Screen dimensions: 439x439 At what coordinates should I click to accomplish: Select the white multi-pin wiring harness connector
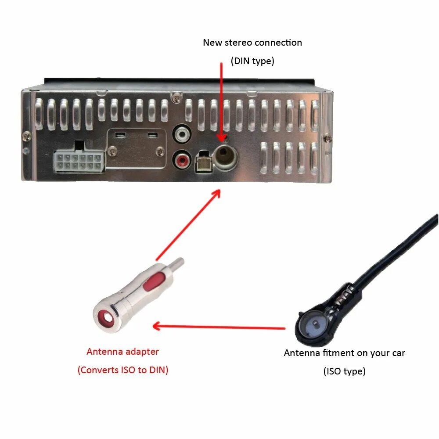[x=79, y=162]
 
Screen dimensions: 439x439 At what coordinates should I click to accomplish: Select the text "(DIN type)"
[x=252, y=61]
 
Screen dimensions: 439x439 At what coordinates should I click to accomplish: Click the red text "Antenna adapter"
[x=122, y=351]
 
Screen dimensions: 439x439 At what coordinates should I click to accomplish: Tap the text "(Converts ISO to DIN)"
[x=123, y=370]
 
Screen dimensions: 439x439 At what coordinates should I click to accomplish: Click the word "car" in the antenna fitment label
[x=397, y=353]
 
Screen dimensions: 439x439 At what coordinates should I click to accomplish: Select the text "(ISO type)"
[x=345, y=371]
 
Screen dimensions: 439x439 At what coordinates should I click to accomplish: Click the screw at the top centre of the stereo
[x=176, y=95]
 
